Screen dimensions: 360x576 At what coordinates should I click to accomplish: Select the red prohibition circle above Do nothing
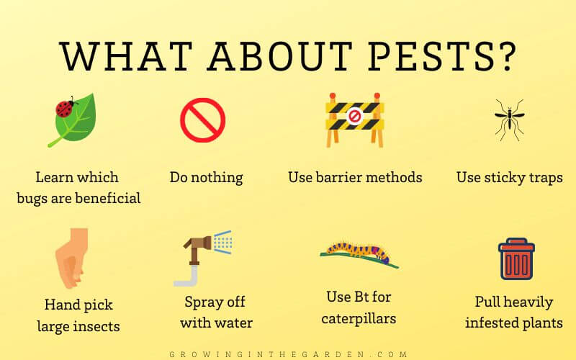(x=203, y=120)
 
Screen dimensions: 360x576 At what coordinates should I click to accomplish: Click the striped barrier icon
(x=354, y=120)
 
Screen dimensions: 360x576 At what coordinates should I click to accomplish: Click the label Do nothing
(x=206, y=177)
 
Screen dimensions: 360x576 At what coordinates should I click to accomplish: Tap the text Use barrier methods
(x=355, y=177)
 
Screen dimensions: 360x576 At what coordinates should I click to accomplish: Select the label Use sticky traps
(x=510, y=177)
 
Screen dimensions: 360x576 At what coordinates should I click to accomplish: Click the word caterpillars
(x=359, y=318)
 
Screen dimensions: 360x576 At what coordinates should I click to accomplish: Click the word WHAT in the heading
(x=108, y=56)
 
